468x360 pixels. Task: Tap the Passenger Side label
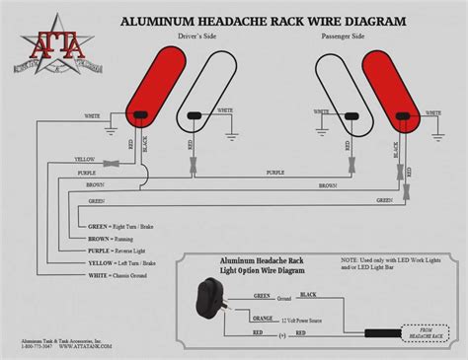tap(345, 36)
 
